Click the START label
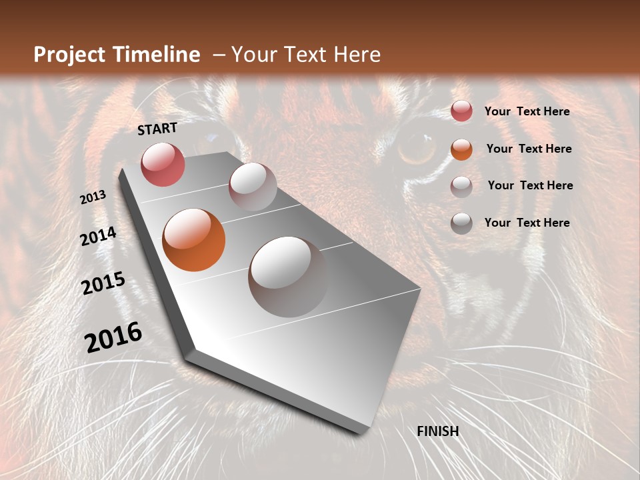157,129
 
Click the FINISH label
438,431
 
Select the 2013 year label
93,197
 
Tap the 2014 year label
99,237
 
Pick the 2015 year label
103,283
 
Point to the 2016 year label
113,337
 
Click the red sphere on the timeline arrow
163,164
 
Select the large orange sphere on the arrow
194,240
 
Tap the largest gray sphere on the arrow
288,277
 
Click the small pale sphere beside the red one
253,187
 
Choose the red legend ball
461,111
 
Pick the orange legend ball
461,149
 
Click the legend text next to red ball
527,111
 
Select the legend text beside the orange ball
529,149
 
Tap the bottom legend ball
461,223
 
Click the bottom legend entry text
527,223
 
